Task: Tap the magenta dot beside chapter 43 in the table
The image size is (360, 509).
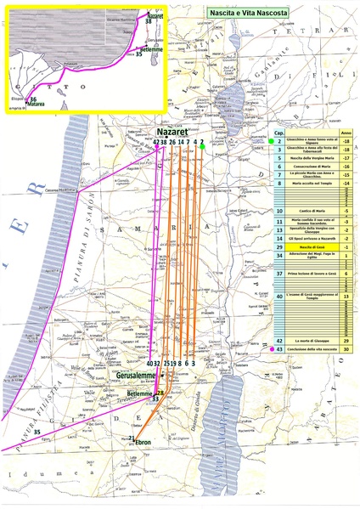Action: (x=270, y=349)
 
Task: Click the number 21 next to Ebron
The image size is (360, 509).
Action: (x=132, y=438)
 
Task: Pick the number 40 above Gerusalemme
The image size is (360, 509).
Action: (x=149, y=363)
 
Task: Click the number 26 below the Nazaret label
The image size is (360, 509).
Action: (x=172, y=141)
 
